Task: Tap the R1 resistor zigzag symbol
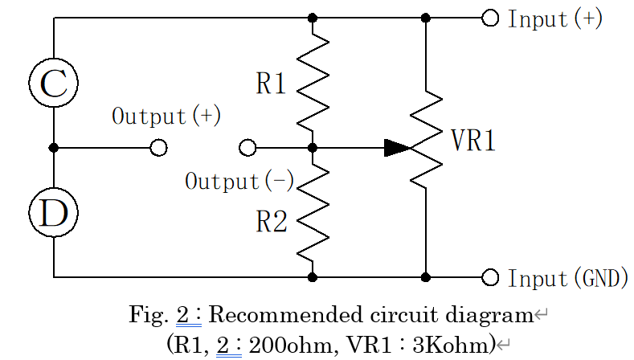(313, 83)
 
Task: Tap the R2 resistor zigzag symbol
(313, 212)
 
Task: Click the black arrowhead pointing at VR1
(397, 148)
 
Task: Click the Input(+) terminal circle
(490, 18)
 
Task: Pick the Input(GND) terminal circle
(490, 277)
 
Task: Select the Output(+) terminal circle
(159, 148)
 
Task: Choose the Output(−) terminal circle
(248, 148)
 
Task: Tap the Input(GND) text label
(567, 279)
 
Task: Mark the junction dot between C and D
(54, 148)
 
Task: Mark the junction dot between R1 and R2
(313, 148)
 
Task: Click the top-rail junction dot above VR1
(426, 18)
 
